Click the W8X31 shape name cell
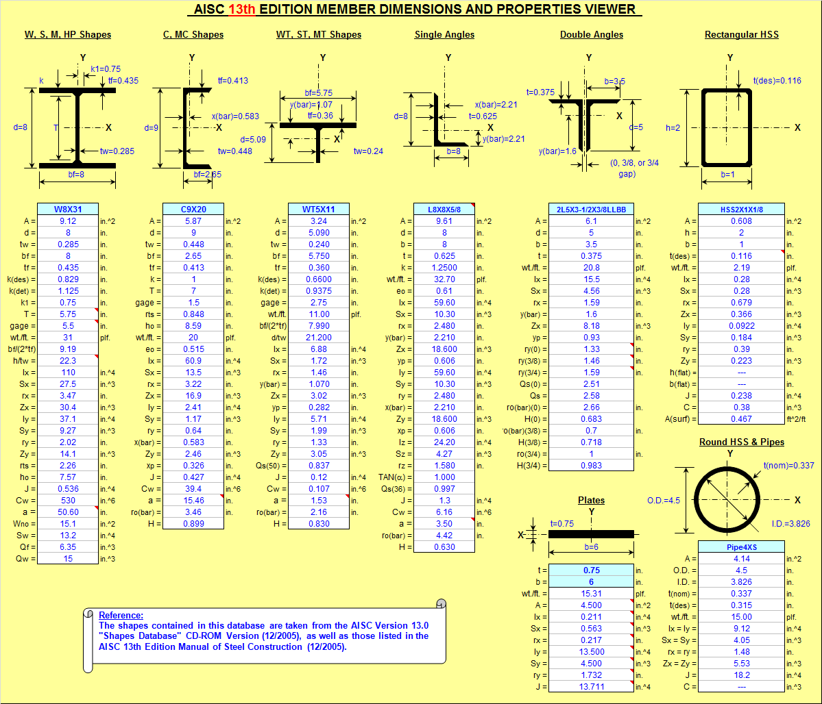tap(68, 209)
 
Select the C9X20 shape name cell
tap(193, 209)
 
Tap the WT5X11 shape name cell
tap(319, 209)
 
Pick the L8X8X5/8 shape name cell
tap(444, 209)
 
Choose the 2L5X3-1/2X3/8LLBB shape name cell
tap(591, 209)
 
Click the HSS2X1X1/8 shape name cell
tap(741, 209)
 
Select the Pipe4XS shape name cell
tap(741, 546)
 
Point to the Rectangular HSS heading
tap(741, 34)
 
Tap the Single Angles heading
tap(444, 34)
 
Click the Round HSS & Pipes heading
tap(741, 442)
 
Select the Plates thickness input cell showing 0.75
tap(591, 570)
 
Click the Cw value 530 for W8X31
tap(68, 501)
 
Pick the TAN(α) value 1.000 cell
tap(444, 477)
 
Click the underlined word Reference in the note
tap(121, 615)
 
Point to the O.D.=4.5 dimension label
tap(664, 500)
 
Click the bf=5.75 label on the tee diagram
tap(319, 93)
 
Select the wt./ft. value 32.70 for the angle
tap(444, 279)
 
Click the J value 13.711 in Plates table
tap(591, 686)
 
